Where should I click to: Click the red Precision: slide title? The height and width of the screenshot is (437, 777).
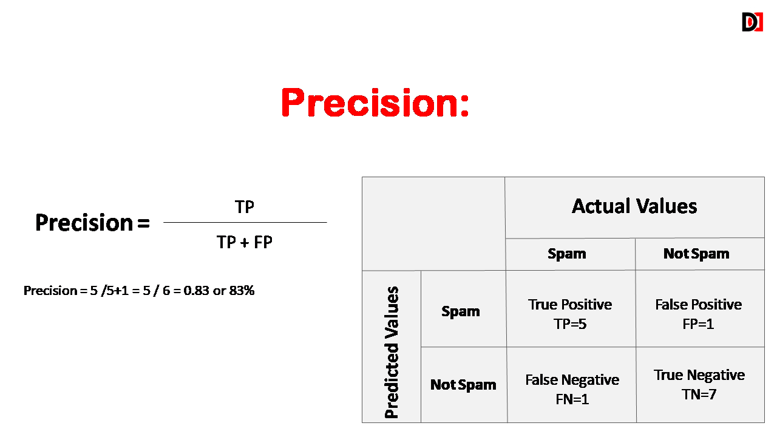click(375, 103)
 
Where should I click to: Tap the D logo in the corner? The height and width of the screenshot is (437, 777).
click(752, 22)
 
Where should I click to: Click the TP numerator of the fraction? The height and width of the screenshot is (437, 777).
click(245, 207)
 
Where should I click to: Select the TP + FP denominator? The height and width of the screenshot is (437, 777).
click(245, 242)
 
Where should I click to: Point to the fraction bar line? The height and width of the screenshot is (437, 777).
click(245, 222)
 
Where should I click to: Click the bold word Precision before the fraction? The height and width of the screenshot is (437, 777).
click(84, 222)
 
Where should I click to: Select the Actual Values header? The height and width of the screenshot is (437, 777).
click(634, 206)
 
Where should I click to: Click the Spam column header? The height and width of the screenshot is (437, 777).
click(567, 254)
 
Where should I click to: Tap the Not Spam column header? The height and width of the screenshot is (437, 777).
click(696, 254)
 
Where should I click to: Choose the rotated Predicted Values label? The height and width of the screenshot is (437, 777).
click(392, 352)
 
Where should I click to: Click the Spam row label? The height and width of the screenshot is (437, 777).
click(461, 311)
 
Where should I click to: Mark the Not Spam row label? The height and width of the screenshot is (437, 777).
click(463, 385)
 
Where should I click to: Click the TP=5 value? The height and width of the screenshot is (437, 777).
click(570, 324)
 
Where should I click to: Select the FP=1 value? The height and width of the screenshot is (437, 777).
click(698, 324)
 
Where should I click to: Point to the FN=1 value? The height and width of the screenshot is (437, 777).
click(572, 399)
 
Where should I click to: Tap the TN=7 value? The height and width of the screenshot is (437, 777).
click(699, 395)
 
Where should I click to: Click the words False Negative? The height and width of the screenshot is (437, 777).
click(572, 380)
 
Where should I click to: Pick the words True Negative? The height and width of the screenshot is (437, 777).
click(699, 375)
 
